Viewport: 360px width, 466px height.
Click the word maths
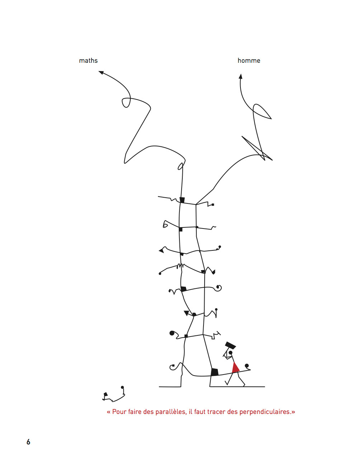[88, 61]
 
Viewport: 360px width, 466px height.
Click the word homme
[249, 61]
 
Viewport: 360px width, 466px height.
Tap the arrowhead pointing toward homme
[240, 76]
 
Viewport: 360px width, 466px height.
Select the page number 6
[28, 442]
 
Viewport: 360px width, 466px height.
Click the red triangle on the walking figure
[235, 368]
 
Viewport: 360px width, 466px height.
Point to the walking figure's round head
[230, 353]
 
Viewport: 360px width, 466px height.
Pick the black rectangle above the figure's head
[230, 345]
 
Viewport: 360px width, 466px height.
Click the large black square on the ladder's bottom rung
[214, 372]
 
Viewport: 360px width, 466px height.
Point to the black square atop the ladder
[182, 200]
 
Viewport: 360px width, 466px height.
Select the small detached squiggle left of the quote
[113, 394]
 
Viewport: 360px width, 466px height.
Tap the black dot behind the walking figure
[247, 366]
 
